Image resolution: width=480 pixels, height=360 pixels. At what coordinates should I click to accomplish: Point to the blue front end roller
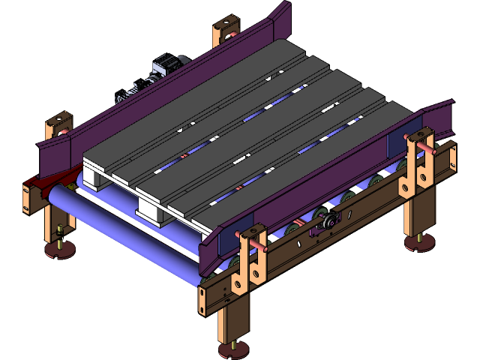pyautogui.click(x=120, y=232)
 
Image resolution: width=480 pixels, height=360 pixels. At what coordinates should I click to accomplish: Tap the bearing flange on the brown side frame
pyautogui.click(x=327, y=223)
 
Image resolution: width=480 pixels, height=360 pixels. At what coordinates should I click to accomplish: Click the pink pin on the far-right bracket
pyautogui.click(x=433, y=148)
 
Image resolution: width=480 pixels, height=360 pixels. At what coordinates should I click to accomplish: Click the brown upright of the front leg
pyautogui.click(x=235, y=319)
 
